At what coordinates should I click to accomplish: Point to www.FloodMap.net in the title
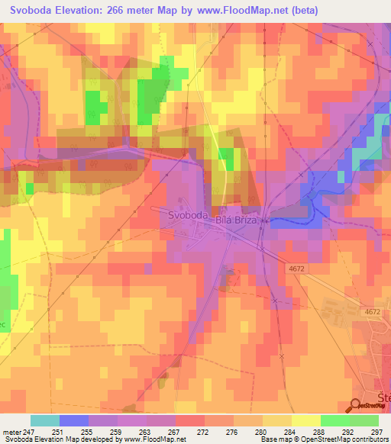coord(240,11)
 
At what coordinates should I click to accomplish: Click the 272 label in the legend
coord(204,431)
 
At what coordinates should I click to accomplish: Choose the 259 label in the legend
coord(117,431)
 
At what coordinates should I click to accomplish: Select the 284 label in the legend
coord(291,431)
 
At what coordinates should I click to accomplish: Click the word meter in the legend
coord(11,431)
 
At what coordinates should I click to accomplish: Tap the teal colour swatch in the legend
coord(45,420)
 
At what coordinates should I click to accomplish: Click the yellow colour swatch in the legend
coord(305,420)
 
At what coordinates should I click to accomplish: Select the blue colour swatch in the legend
coord(74,420)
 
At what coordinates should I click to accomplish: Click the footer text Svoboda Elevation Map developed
coord(61,439)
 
